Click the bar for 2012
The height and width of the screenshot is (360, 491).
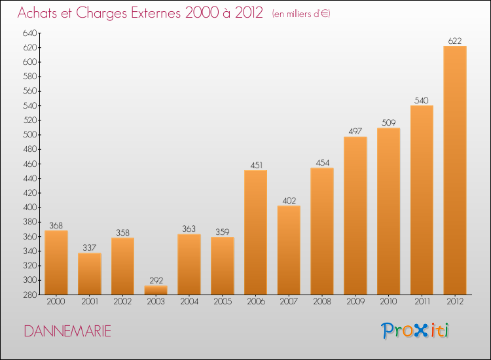coord(455,170)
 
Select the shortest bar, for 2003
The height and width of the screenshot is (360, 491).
coord(156,290)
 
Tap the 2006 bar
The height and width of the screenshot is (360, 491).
coord(255,232)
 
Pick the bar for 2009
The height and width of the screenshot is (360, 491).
coord(355,216)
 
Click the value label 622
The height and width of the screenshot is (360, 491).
coord(455,41)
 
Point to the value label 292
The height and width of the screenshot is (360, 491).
coord(156,281)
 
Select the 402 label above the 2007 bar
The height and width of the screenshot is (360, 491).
coord(289,201)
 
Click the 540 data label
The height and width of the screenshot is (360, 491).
coord(422,101)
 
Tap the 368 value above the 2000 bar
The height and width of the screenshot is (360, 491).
coord(56,225)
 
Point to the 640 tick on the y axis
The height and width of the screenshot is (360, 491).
coord(29,33)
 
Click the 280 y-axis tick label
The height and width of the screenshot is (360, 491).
coord(29,295)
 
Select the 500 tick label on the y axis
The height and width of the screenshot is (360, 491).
coord(29,135)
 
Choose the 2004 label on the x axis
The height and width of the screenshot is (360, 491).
coord(189,302)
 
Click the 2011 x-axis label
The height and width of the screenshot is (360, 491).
coord(422,302)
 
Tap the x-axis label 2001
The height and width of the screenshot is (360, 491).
coord(90,302)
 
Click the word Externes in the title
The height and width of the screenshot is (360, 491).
coord(156,13)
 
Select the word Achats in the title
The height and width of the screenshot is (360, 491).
coord(37,13)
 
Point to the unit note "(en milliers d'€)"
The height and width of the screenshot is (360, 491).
coord(301,14)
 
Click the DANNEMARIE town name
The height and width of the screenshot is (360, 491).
coord(67,331)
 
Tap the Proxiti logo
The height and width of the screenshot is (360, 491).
coord(415,331)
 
